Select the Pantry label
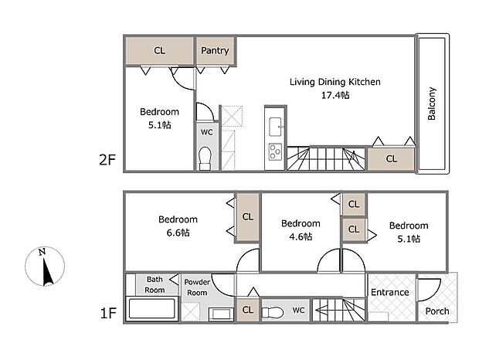tap(215, 51)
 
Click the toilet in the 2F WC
tap(206, 158)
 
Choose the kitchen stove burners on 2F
tap(276, 150)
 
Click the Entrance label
tap(389, 292)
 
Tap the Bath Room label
tap(155, 284)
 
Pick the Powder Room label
tap(197, 287)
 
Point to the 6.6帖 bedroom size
tap(177, 233)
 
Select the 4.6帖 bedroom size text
tap(301, 236)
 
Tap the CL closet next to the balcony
tap(391, 158)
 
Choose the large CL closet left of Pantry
tap(159, 51)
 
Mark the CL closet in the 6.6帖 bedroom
tap(248, 216)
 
